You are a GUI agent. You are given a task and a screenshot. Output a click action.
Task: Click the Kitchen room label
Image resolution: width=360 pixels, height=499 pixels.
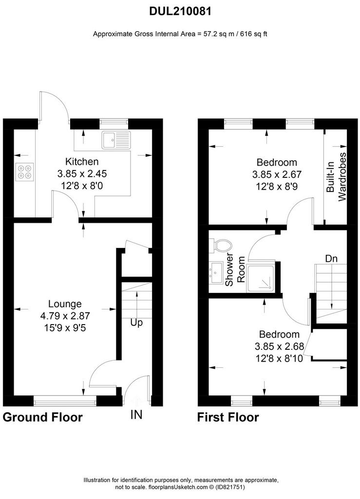coord(82,162)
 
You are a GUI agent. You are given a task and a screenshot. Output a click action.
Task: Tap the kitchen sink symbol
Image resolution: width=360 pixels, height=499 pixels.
coord(116,140)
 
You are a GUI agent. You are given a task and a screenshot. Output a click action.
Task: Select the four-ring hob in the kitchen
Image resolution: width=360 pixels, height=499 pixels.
coord(24,172)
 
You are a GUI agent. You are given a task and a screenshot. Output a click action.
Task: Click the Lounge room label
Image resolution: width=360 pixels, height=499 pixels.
coord(65,304)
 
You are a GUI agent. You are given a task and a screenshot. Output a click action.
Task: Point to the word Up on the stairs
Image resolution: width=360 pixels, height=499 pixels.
coord(136,323)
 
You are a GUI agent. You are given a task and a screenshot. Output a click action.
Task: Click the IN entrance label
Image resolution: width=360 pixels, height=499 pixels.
coord(136,415)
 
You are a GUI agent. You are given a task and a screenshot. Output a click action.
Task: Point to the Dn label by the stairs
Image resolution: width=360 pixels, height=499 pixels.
coord(331,258)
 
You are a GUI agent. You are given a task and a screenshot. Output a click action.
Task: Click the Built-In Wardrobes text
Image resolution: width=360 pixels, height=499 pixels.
coord(336,177)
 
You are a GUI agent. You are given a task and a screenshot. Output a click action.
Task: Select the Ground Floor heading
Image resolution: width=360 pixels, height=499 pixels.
coord(42,417)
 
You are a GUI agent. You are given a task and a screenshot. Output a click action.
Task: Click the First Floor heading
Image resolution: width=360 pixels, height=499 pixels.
coord(228,417)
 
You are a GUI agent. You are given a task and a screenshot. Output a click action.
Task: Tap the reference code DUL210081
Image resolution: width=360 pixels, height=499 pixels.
coord(180,12)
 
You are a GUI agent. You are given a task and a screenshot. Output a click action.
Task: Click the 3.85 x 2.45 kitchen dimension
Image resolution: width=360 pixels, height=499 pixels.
coord(82,174)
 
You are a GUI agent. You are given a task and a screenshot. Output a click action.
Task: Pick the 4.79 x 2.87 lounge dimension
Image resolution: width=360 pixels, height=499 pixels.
coord(65,316)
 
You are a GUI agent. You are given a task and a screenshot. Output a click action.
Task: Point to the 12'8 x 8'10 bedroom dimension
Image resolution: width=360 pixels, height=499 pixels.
coord(279,359)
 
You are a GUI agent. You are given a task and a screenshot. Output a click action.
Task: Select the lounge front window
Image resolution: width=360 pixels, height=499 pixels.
coord(65,402)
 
